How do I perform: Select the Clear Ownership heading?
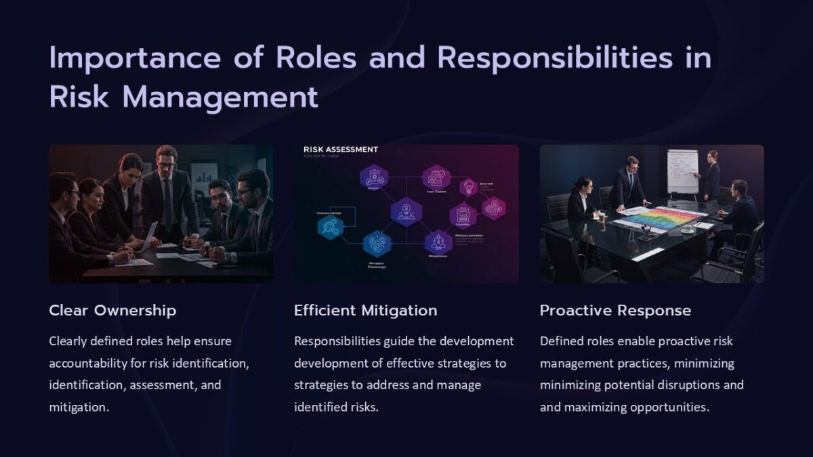click(112, 311)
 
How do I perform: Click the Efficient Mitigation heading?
click(365, 311)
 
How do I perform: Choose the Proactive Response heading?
click(615, 311)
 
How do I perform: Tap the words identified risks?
click(336, 407)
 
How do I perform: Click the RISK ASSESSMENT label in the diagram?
click(341, 150)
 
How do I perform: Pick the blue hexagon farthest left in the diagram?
click(330, 227)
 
